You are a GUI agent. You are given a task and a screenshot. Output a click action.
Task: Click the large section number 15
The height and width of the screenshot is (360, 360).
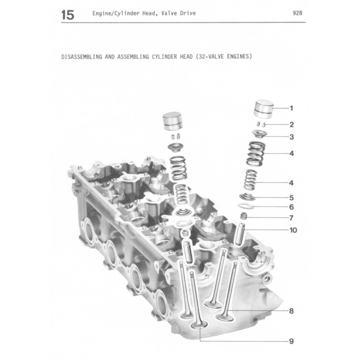point(68,15)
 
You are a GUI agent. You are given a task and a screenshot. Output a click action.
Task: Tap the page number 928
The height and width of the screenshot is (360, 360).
point(297,13)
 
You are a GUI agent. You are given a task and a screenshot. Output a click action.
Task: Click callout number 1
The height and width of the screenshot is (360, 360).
point(291,108)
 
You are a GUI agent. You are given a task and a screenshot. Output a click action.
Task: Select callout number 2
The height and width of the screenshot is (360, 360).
point(291,125)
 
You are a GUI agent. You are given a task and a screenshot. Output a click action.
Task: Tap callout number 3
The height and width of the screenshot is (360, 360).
point(291,137)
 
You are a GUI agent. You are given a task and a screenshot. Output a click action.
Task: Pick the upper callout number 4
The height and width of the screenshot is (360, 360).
point(291,154)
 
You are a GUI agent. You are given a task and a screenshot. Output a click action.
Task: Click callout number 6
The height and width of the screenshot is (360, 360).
point(291,207)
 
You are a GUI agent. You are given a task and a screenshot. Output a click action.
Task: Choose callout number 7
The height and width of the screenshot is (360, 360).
point(291,218)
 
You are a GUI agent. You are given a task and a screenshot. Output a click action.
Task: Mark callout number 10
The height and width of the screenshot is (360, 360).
point(293,230)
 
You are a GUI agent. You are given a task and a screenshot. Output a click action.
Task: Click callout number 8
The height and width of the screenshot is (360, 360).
point(291,312)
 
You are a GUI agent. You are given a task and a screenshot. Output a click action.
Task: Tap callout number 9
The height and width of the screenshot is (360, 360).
point(291,342)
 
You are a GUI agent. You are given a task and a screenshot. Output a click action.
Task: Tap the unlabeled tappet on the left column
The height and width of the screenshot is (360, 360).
point(171,122)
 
